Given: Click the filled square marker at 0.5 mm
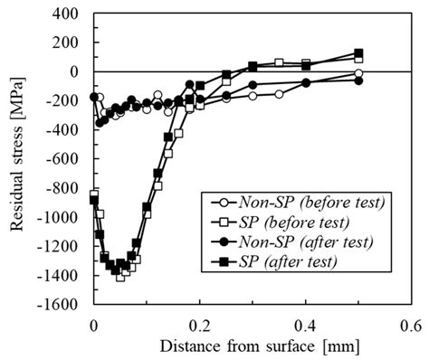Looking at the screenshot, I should coord(358,53).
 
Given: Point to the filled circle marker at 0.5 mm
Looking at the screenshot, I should coord(358,81).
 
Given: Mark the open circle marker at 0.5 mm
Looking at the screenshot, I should coord(358,72).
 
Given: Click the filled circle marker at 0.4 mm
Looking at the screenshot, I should coord(306,82).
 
